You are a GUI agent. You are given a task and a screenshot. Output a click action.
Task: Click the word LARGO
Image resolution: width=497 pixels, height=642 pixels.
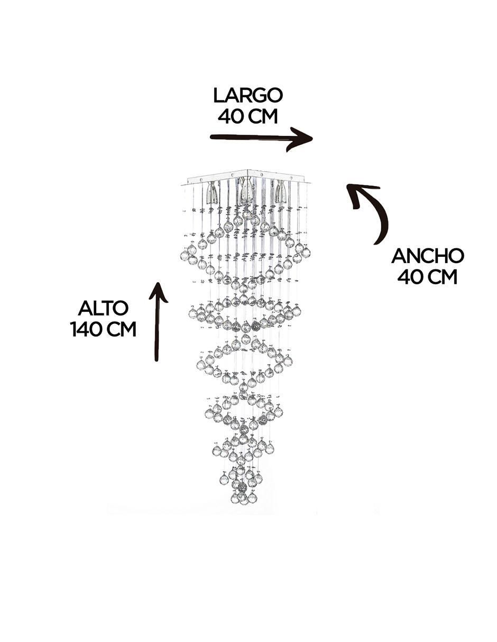point(248,96)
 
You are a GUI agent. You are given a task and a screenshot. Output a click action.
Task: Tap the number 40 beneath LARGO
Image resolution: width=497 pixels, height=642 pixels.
point(230,116)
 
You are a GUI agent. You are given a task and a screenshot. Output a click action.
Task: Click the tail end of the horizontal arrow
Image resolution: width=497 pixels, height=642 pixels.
point(210,136)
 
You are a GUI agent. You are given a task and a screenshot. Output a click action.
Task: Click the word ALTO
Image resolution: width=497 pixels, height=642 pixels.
point(103,309)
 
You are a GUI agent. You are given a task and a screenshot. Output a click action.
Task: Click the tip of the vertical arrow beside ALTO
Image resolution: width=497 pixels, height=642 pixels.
point(159,283)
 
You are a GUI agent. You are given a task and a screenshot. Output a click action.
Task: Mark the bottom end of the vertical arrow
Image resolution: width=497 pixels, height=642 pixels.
point(157,360)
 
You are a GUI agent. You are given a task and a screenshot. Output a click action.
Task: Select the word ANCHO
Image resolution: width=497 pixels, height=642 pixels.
point(428,256)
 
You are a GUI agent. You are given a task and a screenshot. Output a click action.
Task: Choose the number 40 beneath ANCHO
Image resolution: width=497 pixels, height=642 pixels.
point(410,277)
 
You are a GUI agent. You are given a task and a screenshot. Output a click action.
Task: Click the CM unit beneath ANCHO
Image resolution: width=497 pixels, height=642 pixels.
point(442,277)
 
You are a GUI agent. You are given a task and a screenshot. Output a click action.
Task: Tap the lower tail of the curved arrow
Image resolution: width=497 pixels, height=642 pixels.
point(375,244)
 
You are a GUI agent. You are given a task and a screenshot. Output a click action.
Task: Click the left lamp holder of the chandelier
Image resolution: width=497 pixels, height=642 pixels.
point(212,192)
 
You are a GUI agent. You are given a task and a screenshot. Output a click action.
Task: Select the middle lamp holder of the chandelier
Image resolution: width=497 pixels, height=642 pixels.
point(246,192)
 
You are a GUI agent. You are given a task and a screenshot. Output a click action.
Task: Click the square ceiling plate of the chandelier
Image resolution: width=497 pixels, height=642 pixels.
point(246,177)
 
